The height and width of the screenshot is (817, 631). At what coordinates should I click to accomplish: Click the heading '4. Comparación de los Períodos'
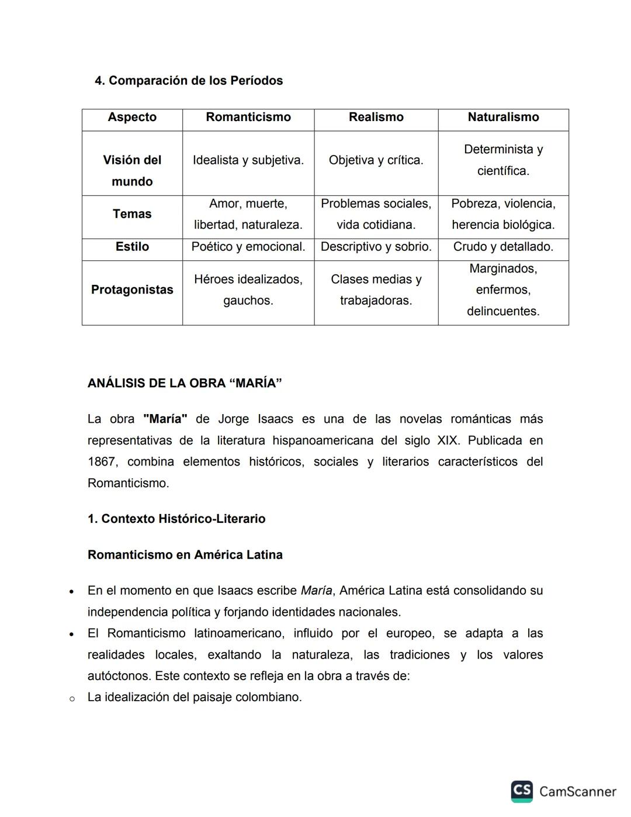point(189,81)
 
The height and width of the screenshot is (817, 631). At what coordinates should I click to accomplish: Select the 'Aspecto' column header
point(132,117)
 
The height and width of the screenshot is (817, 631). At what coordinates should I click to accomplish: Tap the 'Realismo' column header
point(376,117)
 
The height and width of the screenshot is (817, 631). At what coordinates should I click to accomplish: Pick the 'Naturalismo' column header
point(503,117)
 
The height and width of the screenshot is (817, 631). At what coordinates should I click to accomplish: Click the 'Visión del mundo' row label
point(132,170)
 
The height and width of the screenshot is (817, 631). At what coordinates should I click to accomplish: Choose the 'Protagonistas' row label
point(132,290)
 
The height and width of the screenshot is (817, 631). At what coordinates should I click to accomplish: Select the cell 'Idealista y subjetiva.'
point(248,160)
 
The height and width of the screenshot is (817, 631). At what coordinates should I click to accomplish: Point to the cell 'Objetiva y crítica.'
point(376,160)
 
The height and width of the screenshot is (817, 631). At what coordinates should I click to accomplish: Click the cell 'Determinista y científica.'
point(503,160)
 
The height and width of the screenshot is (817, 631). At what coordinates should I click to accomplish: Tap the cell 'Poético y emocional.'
point(248,247)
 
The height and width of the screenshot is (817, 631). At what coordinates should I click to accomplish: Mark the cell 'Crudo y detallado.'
point(503,247)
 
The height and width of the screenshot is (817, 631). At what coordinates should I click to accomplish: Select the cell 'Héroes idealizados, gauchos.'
point(248,290)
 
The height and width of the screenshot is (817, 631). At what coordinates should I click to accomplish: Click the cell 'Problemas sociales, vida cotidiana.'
point(376,214)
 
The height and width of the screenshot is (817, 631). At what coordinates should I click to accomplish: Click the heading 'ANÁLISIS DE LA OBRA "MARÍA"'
point(185,384)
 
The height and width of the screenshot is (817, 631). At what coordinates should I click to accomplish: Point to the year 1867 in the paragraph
point(102,462)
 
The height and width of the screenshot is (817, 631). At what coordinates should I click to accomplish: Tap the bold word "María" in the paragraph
point(165,419)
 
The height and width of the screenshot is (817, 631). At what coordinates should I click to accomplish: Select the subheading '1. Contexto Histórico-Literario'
point(176,519)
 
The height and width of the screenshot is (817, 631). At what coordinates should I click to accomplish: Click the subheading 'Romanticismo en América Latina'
point(185,555)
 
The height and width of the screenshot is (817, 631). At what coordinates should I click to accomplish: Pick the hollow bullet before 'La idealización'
point(72,698)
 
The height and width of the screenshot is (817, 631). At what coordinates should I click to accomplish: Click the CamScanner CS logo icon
point(522,791)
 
